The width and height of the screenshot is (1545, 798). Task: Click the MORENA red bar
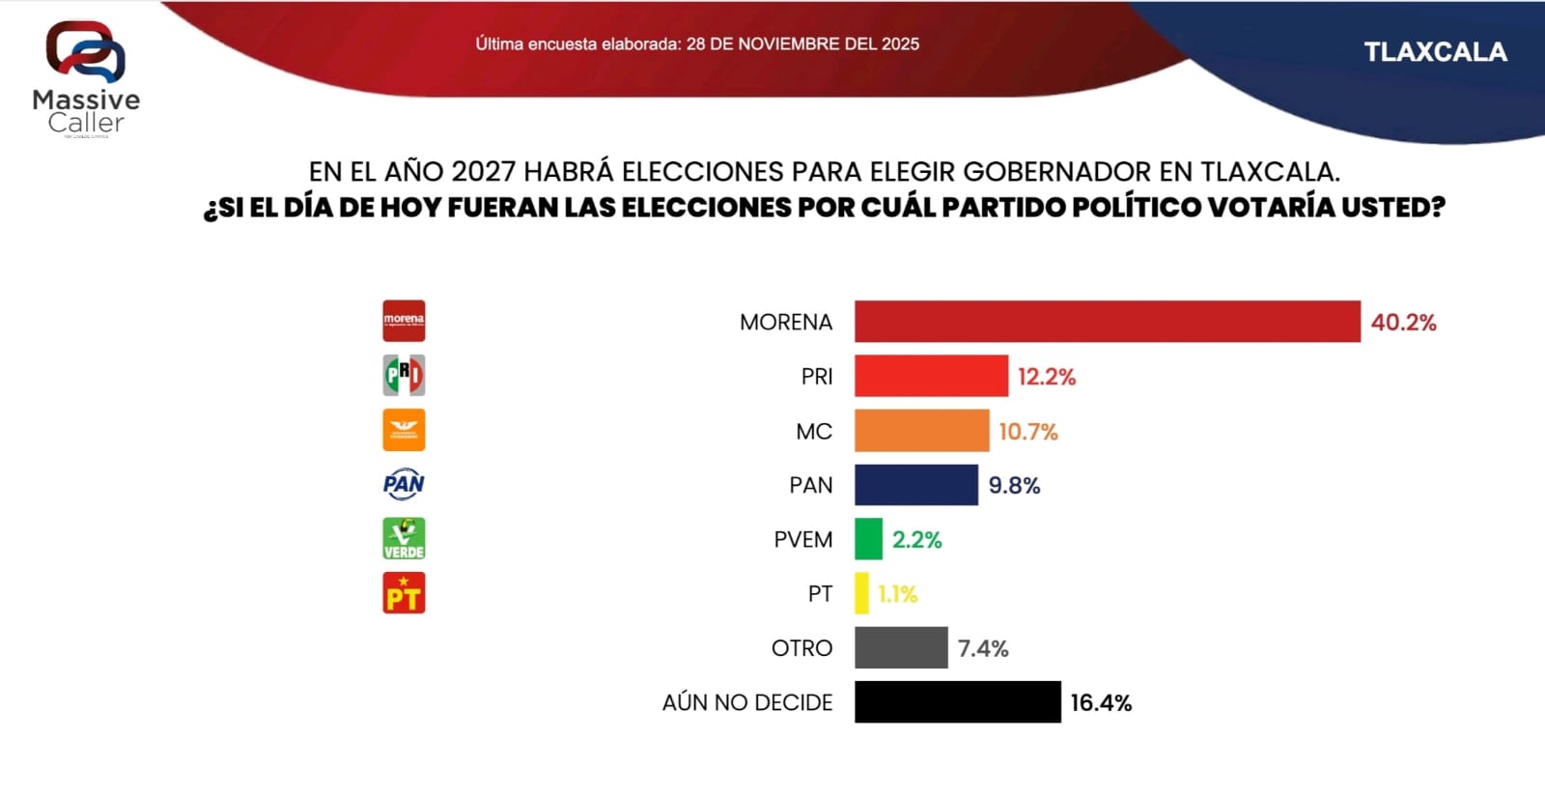coord(1107,322)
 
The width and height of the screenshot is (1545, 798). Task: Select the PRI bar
coord(931,376)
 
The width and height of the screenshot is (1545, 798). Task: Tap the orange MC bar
coord(921,431)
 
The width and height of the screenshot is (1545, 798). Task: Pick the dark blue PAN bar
coord(915,485)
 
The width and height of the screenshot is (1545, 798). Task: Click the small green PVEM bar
coord(868,539)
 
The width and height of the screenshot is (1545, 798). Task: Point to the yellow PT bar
coord(861,593)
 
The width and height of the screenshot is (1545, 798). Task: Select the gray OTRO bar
coord(901,647)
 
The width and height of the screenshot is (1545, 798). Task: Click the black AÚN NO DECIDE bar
coord(957,702)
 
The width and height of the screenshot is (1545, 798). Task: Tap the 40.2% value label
coord(1403,323)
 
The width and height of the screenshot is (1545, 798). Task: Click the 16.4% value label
coord(1101,703)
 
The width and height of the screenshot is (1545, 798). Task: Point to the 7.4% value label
coord(983,648)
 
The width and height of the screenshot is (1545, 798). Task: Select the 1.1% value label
coord(897,594)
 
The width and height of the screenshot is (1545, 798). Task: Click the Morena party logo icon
coord(404,321)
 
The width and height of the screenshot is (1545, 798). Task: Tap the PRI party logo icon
coord(404,375)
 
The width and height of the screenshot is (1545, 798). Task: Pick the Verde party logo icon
coord(404,539)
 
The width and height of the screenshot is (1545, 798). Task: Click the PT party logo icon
coord(404,593)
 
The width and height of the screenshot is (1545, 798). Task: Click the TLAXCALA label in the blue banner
coord(1435,52)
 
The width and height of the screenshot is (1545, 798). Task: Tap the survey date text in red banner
coord(697,44)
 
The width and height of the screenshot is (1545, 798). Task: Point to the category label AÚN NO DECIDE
coord(746,703)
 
